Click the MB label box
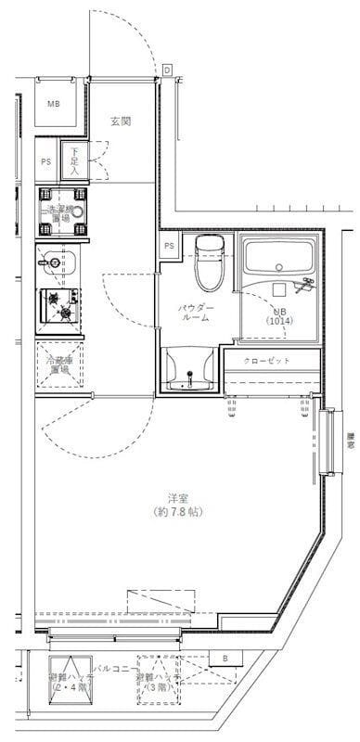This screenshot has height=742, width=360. click(x=54, y=103)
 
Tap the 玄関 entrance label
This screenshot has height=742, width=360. click(x=120, y=122)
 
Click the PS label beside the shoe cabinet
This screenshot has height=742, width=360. click(x=46, y=161)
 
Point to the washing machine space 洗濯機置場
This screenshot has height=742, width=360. click(x=61, y=211)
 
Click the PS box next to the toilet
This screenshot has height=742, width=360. click(x=169, y=246)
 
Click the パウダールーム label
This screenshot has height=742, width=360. click(x=196, y=313)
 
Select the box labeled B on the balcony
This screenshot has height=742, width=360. click(x=225, y=659)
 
